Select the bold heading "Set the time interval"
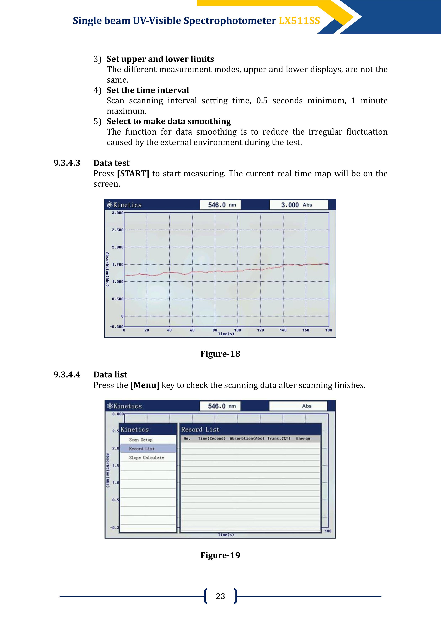tap(148, 90)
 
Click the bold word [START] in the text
tap(133, 173)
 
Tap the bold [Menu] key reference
tap(145, 385)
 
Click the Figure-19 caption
tap(220, 555)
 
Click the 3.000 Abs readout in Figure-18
tap(298, 205)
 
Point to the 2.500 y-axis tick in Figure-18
tap(117, 230)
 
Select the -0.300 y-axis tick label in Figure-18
tap(116, 327)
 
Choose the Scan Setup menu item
tap(140, 440)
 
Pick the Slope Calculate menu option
tap(146, 458)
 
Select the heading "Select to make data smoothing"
tap(169, 121)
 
